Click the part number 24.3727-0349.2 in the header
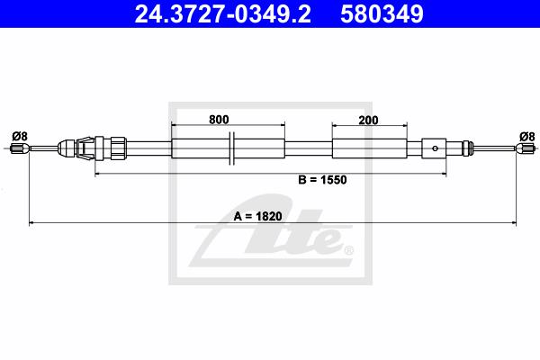click(222, 13)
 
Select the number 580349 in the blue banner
click(382, 13)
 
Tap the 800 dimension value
click(219, 120)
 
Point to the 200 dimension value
click(368, 121)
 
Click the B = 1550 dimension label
click(322, 179)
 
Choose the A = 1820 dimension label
click(257, 216)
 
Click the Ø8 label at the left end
click(19, 137)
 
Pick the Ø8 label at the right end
click(526, 137)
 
